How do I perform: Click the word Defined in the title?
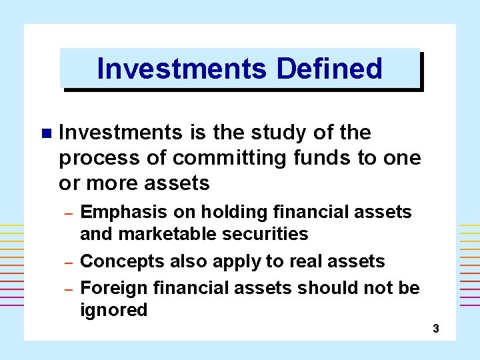329,69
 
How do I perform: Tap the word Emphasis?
123,212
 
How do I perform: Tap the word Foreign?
114,288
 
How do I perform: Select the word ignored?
113,310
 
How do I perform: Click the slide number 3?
436,328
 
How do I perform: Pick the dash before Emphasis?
67,213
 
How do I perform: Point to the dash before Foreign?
67,289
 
